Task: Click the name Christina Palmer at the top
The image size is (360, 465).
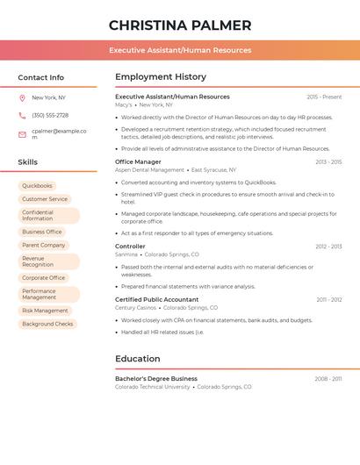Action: (179, 25)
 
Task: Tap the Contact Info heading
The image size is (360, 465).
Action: (40, 77)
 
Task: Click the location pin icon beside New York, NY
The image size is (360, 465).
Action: (22, 97)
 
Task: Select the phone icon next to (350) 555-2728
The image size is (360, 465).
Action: (22, 115)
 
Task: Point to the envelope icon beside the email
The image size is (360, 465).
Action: (22, 134)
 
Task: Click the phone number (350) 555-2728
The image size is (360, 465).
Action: (50, 115)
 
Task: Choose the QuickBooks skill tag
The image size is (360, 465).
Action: (38, 186)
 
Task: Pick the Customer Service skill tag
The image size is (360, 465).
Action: (45, 199)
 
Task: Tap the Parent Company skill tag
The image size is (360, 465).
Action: (44, 245)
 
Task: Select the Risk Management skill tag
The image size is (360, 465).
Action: (45, 311)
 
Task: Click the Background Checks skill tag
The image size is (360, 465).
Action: (47, 324)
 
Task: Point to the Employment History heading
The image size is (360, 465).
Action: (161, 77)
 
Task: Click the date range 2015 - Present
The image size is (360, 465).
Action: (324, 97)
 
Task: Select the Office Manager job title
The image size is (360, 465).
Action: (138, 161)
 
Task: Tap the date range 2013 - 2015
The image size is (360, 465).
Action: (328, 162)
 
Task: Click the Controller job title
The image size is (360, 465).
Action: (130, 247)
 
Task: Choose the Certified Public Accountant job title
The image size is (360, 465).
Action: (156, 299)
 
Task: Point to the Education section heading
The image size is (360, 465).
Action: (138, 359)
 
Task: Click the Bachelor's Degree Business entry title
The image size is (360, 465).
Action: (156, 378)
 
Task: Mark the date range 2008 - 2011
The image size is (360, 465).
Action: (328, 379)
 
